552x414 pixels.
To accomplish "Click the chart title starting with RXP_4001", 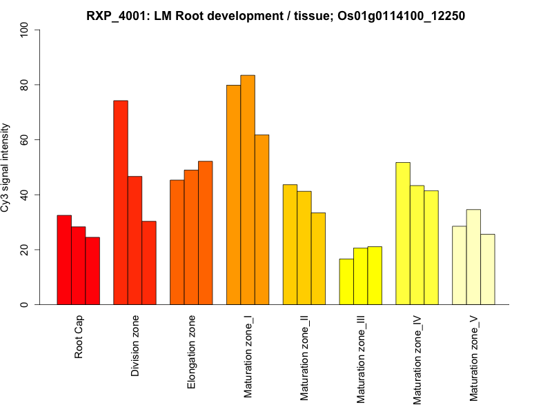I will (x=276, y=15).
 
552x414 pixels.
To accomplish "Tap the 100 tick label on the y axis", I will (x=26, y=30).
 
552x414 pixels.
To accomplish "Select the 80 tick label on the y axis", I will (x=26, y=85).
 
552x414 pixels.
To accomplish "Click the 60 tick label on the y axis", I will (x=26, y=140).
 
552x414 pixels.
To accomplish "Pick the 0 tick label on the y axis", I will (x=26, y=304).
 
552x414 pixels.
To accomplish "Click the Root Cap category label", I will (x=79, y=338).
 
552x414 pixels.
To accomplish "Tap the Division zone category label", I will (x=136, y=346).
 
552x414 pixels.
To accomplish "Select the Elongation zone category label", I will (x=193, y=352).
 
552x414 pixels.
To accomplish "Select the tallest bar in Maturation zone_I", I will (x=248, y=190).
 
